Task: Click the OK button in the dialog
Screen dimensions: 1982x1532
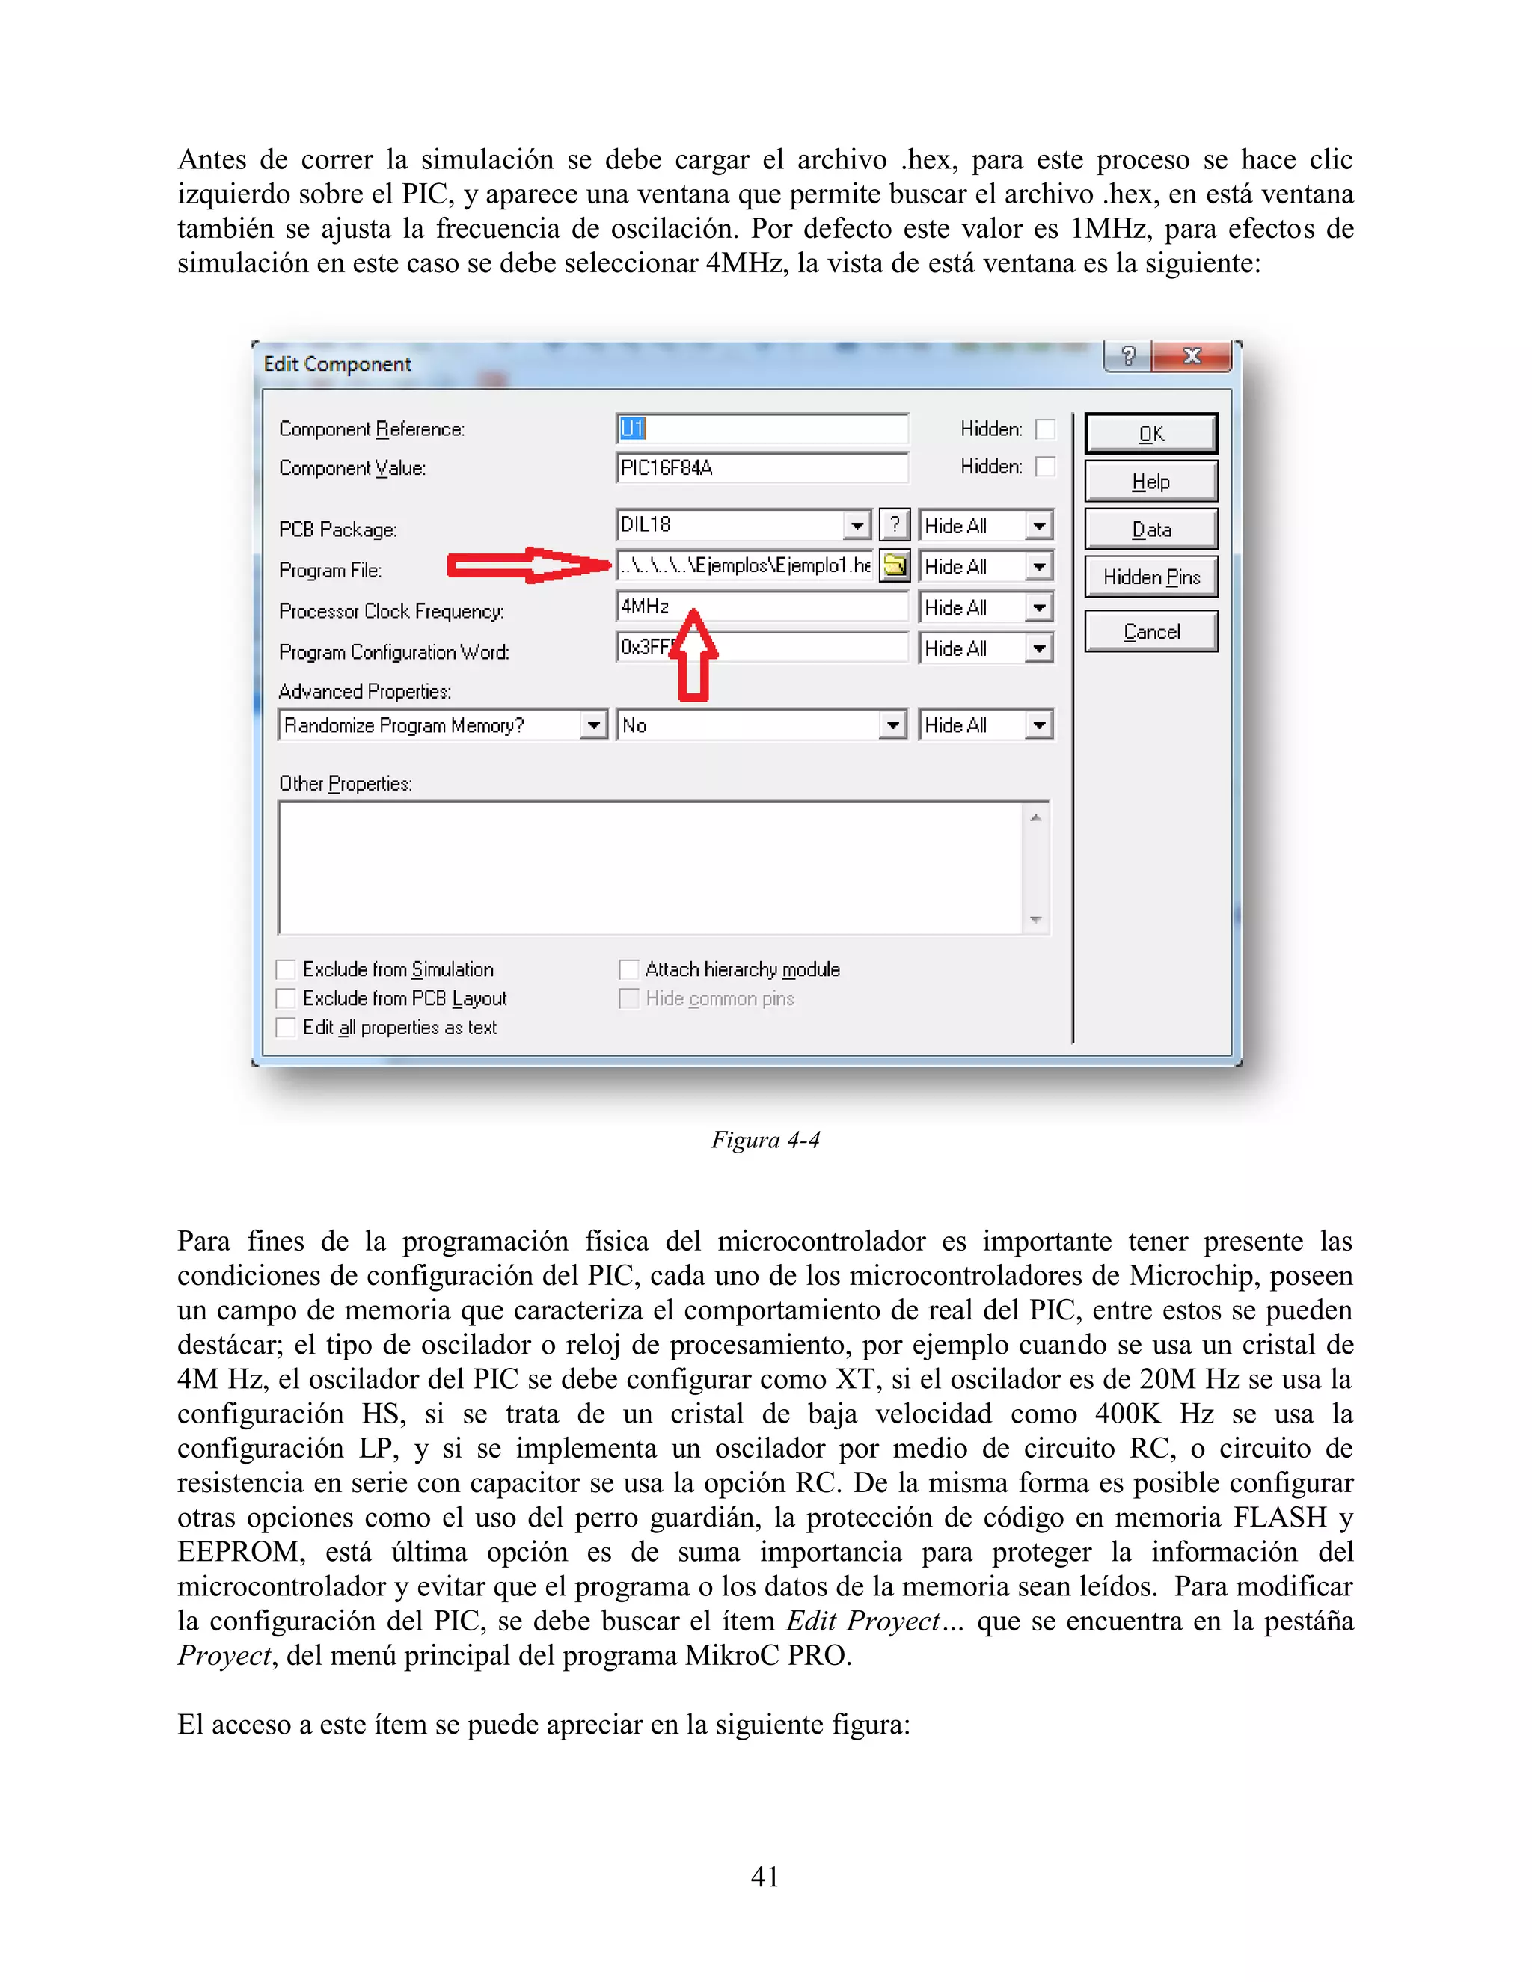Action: click(1150, 434)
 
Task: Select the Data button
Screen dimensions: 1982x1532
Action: click(1150, 529)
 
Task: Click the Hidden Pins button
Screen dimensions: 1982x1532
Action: click(1150, 577)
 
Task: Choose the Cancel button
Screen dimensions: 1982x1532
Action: click(1150, 632)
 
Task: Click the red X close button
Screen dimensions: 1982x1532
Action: click(1191, 357)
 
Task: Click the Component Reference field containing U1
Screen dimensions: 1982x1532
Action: click(761, 429)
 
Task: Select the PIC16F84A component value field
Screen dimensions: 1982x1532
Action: click(761, 468)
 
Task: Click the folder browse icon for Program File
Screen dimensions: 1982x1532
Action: click(895, 565)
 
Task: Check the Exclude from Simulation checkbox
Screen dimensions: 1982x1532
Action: click(286, 970)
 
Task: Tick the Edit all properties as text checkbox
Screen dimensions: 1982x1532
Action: click(286, 1028)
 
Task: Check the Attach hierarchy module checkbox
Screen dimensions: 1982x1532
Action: click(628, 970)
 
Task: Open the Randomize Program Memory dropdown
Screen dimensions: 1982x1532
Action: click(593, 725)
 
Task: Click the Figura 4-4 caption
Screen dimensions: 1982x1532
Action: click(765, 1140)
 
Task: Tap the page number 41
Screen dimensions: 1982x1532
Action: click(765, 1876)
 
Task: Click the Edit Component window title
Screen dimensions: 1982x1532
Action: click(337, 365)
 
